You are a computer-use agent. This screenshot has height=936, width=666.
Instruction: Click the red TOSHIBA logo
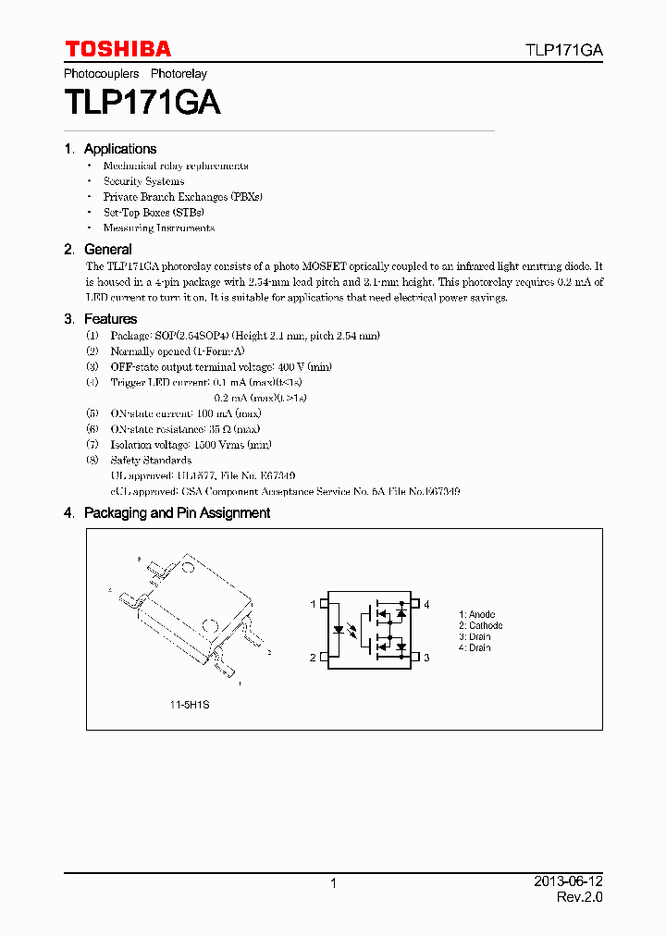117,49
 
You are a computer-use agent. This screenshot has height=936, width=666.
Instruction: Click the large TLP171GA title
142,102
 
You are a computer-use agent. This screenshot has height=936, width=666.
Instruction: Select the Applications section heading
119,149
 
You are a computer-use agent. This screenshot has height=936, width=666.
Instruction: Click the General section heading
107,250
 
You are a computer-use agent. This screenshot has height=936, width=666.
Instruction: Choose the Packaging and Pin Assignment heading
177,513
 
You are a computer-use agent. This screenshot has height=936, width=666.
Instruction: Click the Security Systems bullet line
143,181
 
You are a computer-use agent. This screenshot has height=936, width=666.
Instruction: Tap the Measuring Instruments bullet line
158,228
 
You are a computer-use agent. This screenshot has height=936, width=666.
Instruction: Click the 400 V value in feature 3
293,367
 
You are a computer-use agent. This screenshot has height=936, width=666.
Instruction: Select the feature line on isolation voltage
191,445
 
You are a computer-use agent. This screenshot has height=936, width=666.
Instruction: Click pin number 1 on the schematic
313,605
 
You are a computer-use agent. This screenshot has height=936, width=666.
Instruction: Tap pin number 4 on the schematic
426,605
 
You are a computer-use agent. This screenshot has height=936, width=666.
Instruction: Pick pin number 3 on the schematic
426,659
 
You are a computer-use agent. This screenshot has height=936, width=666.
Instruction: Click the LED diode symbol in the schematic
339,631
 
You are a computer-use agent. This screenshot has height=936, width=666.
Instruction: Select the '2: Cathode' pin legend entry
481,626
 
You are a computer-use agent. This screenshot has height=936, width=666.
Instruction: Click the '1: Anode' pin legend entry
477,615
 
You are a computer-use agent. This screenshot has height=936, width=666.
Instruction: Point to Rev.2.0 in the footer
580,897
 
